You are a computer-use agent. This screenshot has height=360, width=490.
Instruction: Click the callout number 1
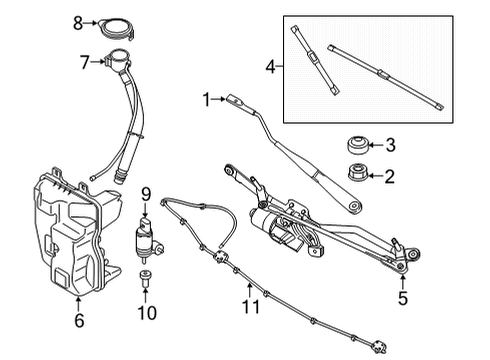(205, 99)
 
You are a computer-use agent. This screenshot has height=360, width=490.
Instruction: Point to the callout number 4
(271, 66)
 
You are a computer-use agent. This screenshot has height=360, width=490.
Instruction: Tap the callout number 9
(144, 193)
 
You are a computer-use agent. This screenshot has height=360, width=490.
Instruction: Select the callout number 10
(147, 311)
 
